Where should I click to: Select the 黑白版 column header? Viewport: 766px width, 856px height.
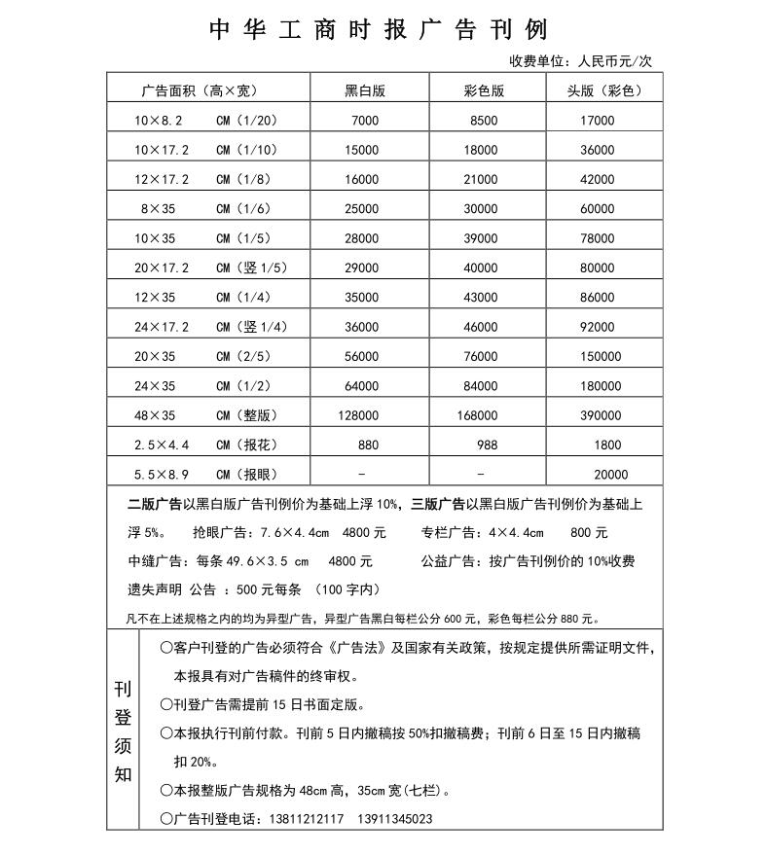pyautogui.click(x=365, y=90)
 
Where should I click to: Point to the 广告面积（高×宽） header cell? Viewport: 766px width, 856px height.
pyautogui.click(x=199, y=90)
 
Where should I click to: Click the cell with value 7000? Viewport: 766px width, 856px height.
pyautogui.click(x=365, y=121)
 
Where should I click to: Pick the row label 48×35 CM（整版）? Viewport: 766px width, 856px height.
pyautogui.click(x=205, y=415)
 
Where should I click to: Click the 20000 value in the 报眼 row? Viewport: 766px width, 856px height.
pyautogui.click(x=610, y=475)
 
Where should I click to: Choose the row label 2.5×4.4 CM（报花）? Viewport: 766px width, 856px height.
pyautogui.click(x=205, y=445)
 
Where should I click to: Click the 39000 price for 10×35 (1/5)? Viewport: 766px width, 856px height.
pyautogui.click(x=481, y=238)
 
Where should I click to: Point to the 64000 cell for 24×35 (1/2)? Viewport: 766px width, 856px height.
pyautogui.click(x=361, y=386)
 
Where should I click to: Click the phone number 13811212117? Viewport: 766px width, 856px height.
pyautogui.click(x=304, y=819)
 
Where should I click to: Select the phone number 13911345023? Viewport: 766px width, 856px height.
pyautogui.click(x=395, y=819)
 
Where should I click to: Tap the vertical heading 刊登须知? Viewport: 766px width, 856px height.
pyautogui.click(x=123, y=732)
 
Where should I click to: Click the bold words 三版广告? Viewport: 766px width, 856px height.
pyautogui.click(x=438, y=504)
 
